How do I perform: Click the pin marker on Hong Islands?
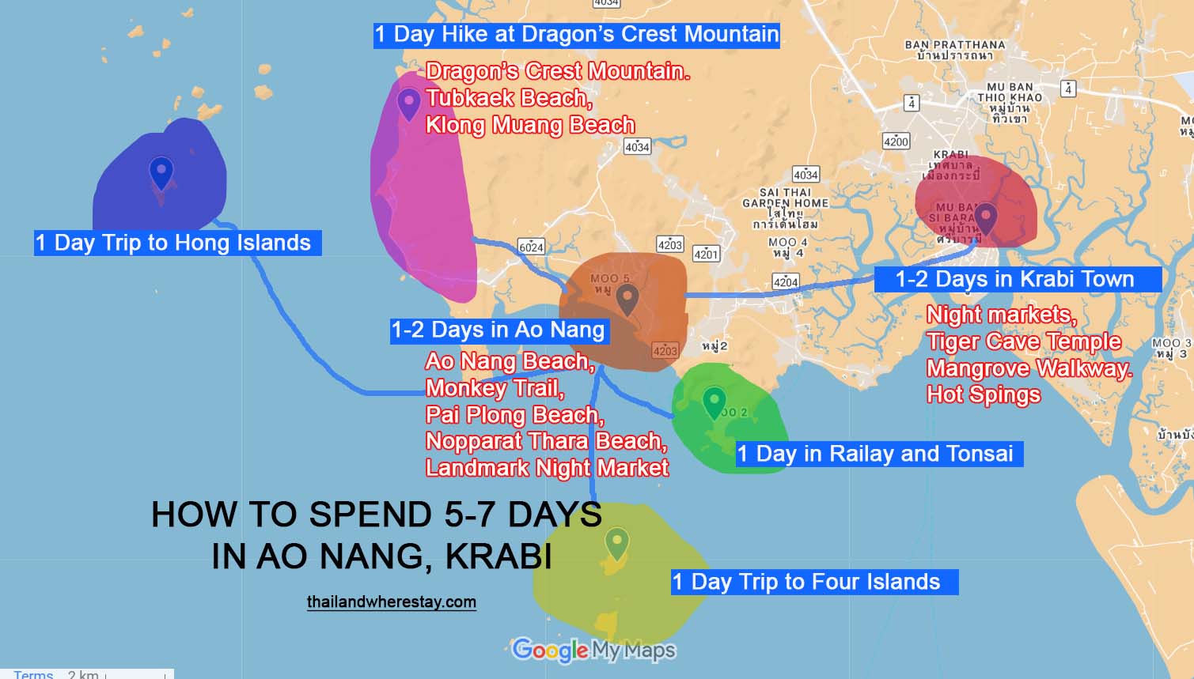161,172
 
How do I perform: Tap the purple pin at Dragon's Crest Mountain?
408,103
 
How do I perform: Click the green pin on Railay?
714,401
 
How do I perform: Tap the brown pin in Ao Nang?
627,299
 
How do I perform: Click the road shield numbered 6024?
531,247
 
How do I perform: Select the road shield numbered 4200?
896,141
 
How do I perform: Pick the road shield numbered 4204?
785,281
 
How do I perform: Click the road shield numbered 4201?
706,254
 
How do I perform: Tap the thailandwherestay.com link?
392,602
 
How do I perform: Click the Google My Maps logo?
593,651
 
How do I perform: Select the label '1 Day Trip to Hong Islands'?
174,243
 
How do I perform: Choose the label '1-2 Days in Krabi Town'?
1015,279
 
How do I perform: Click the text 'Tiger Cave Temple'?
1024,341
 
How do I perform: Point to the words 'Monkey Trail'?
495,388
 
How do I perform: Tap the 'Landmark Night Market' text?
547,468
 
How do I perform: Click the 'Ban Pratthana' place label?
954,45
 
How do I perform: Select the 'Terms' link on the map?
33,674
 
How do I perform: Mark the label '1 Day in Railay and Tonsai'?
876,454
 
